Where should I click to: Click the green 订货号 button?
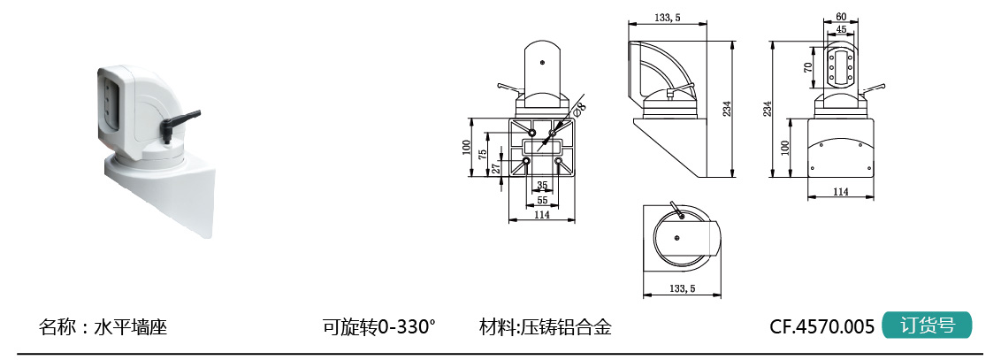(x=927, y=326)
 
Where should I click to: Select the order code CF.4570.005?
(x=821, y=326)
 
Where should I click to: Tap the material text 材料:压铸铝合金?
(x=546, y=326)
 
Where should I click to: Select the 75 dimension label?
(x=483, y=152)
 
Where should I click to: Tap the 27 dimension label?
(x=496, y=166)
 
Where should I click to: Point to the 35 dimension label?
(x=542, y=186)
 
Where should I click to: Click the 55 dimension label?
(x=542, y=200)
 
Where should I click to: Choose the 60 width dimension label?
(x=841, y=17)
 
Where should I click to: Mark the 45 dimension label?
(x=841, y=29)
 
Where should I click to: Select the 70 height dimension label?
(x=808, y=67)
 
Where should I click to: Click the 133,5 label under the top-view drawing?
(x=682, y=288)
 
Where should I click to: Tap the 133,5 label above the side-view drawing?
(x=667, y=17)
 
